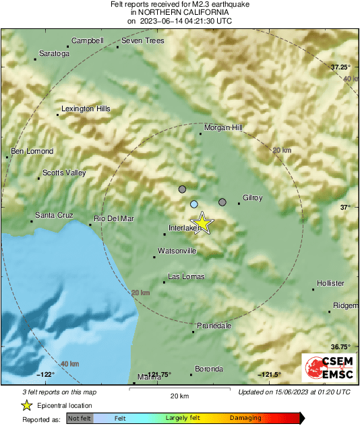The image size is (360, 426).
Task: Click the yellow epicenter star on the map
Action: (x=201, y=223)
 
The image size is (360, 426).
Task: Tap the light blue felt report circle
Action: (x=194, y=204)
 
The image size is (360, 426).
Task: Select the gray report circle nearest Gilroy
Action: (x=222, y=202)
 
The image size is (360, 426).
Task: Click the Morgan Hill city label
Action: (x=223, y=127)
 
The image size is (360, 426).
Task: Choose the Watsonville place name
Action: (x=177, y=251)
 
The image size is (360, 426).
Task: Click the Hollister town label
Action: (x=330, y=283)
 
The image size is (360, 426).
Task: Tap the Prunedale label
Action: (x=214, y=326)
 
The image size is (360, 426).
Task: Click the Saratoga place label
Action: (x=55, y=53)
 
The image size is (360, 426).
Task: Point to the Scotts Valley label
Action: (x=64, y=173)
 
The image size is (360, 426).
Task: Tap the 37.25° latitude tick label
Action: (x=340, y=67)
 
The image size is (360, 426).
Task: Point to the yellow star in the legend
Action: (x=26, y=405)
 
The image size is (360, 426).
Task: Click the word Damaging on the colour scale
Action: (x=245, y=418)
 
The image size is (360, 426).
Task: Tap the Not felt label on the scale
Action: (x=80, y=418)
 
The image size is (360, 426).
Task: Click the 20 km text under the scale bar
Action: (x=179, y=395)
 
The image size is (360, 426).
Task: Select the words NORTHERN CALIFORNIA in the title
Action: (x=179, y=13)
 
